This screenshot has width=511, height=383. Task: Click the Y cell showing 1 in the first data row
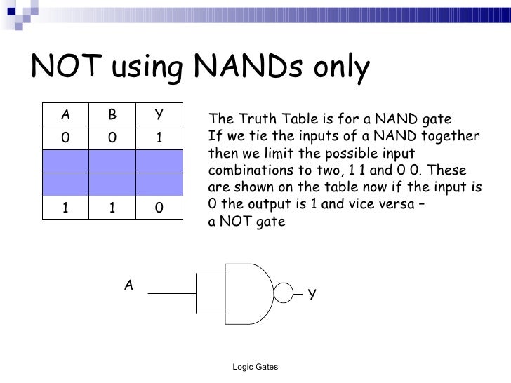(159, 137)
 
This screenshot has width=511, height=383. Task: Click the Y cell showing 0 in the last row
(159, 208)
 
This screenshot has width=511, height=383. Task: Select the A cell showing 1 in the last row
(65, 208)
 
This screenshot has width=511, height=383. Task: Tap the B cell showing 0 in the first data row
(112, 137)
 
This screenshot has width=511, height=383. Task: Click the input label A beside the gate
(128, 284)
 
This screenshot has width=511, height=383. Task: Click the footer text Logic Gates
(255, 368)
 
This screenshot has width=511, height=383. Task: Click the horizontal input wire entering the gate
(172, 293)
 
